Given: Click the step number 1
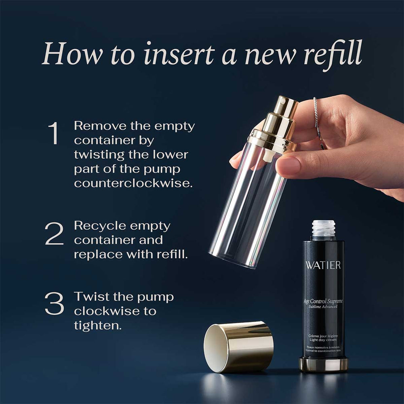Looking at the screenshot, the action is pyautogui.click(x=54, y=133).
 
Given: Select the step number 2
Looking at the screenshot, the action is pyautogui.click(x=54, y=234).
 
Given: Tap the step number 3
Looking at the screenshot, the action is pyautogui.click(x=54, y=303).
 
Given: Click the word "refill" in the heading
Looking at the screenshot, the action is pyautogui.click(x=333, y=54).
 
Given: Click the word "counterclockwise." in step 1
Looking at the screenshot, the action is pyautogui.click(x=133, y=183).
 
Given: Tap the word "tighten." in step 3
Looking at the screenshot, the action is pyautogui.click(x=98, y=325).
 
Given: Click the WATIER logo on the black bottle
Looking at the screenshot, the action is pyautogui.click(x=323, y=265).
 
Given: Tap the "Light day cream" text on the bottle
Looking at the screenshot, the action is pyautogui.click(x=323, y=340).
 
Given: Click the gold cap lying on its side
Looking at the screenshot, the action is pyautogui.click(x=239, y=347).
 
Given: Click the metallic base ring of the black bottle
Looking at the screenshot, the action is pyautogui.click(x=323, y=364).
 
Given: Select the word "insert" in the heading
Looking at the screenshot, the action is pyautogui.click(x=179, y=54).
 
